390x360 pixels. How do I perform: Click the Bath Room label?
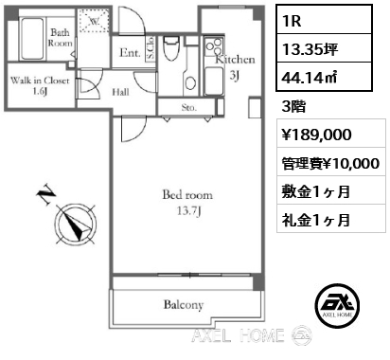coord(60,38)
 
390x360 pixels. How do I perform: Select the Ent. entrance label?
coord(131,54)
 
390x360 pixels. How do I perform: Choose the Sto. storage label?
coord(188,108)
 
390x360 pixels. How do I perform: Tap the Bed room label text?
coord(185,202)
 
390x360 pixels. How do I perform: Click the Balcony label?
coord(185,305)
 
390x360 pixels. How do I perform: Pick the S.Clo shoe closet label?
coord(151,53)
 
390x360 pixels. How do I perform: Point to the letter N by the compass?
coord(44,197)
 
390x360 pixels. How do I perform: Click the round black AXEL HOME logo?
coord(339,304)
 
